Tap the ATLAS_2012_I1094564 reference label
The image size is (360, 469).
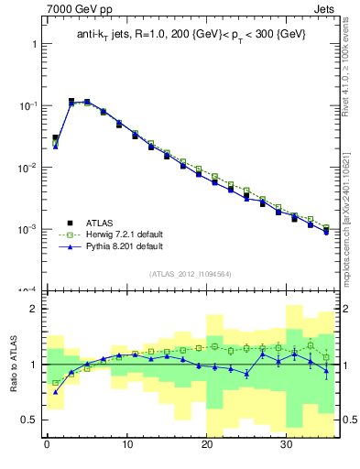point(190,273)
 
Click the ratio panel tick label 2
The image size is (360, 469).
point(32,309)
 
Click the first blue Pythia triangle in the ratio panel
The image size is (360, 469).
point(55,392)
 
